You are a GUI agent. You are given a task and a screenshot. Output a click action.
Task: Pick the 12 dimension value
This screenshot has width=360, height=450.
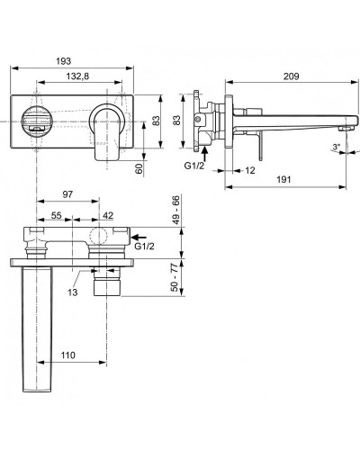[247, 169]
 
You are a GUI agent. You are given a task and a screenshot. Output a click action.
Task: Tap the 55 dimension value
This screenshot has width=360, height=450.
[55, 217]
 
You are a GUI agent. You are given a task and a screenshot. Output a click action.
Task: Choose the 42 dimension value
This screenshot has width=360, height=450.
[108, 217]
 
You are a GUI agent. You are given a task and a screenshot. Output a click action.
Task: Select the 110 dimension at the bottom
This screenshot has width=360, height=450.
[67, 355]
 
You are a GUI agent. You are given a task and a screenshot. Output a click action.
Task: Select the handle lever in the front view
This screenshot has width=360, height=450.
[103, 130]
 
